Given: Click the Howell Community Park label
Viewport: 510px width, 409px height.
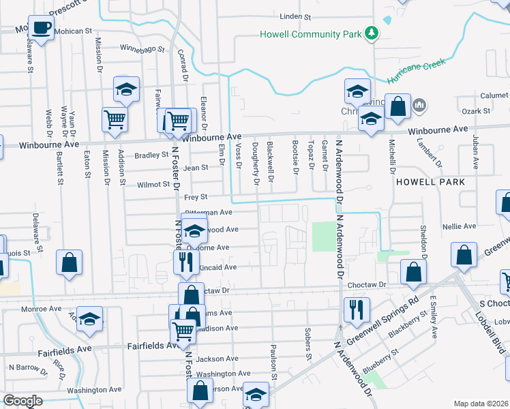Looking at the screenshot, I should click(x=310, y=34).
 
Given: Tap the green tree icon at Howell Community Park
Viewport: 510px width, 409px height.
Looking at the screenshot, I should click(x=372, y=33).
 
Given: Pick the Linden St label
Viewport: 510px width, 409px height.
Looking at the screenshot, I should click(x=295, y=16).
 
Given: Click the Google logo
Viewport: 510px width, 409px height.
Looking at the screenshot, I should click(x=22, y=401).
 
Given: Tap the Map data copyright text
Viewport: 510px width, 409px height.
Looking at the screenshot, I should click(x=481, y=404).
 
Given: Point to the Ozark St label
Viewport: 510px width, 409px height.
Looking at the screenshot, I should click(x=477, y=110).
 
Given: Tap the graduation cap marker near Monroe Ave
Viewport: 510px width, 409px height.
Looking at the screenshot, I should click(x=89, y=320).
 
